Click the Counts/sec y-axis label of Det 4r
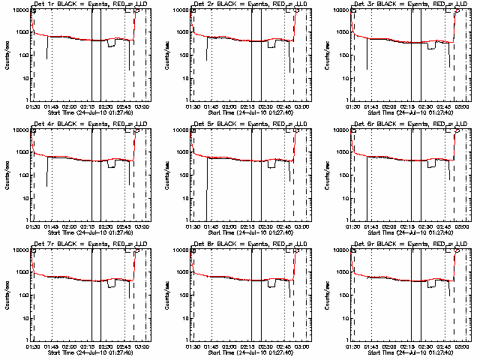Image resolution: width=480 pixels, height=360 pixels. click(8, 175)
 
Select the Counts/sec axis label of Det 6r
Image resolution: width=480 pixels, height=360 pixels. click(328, 175)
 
